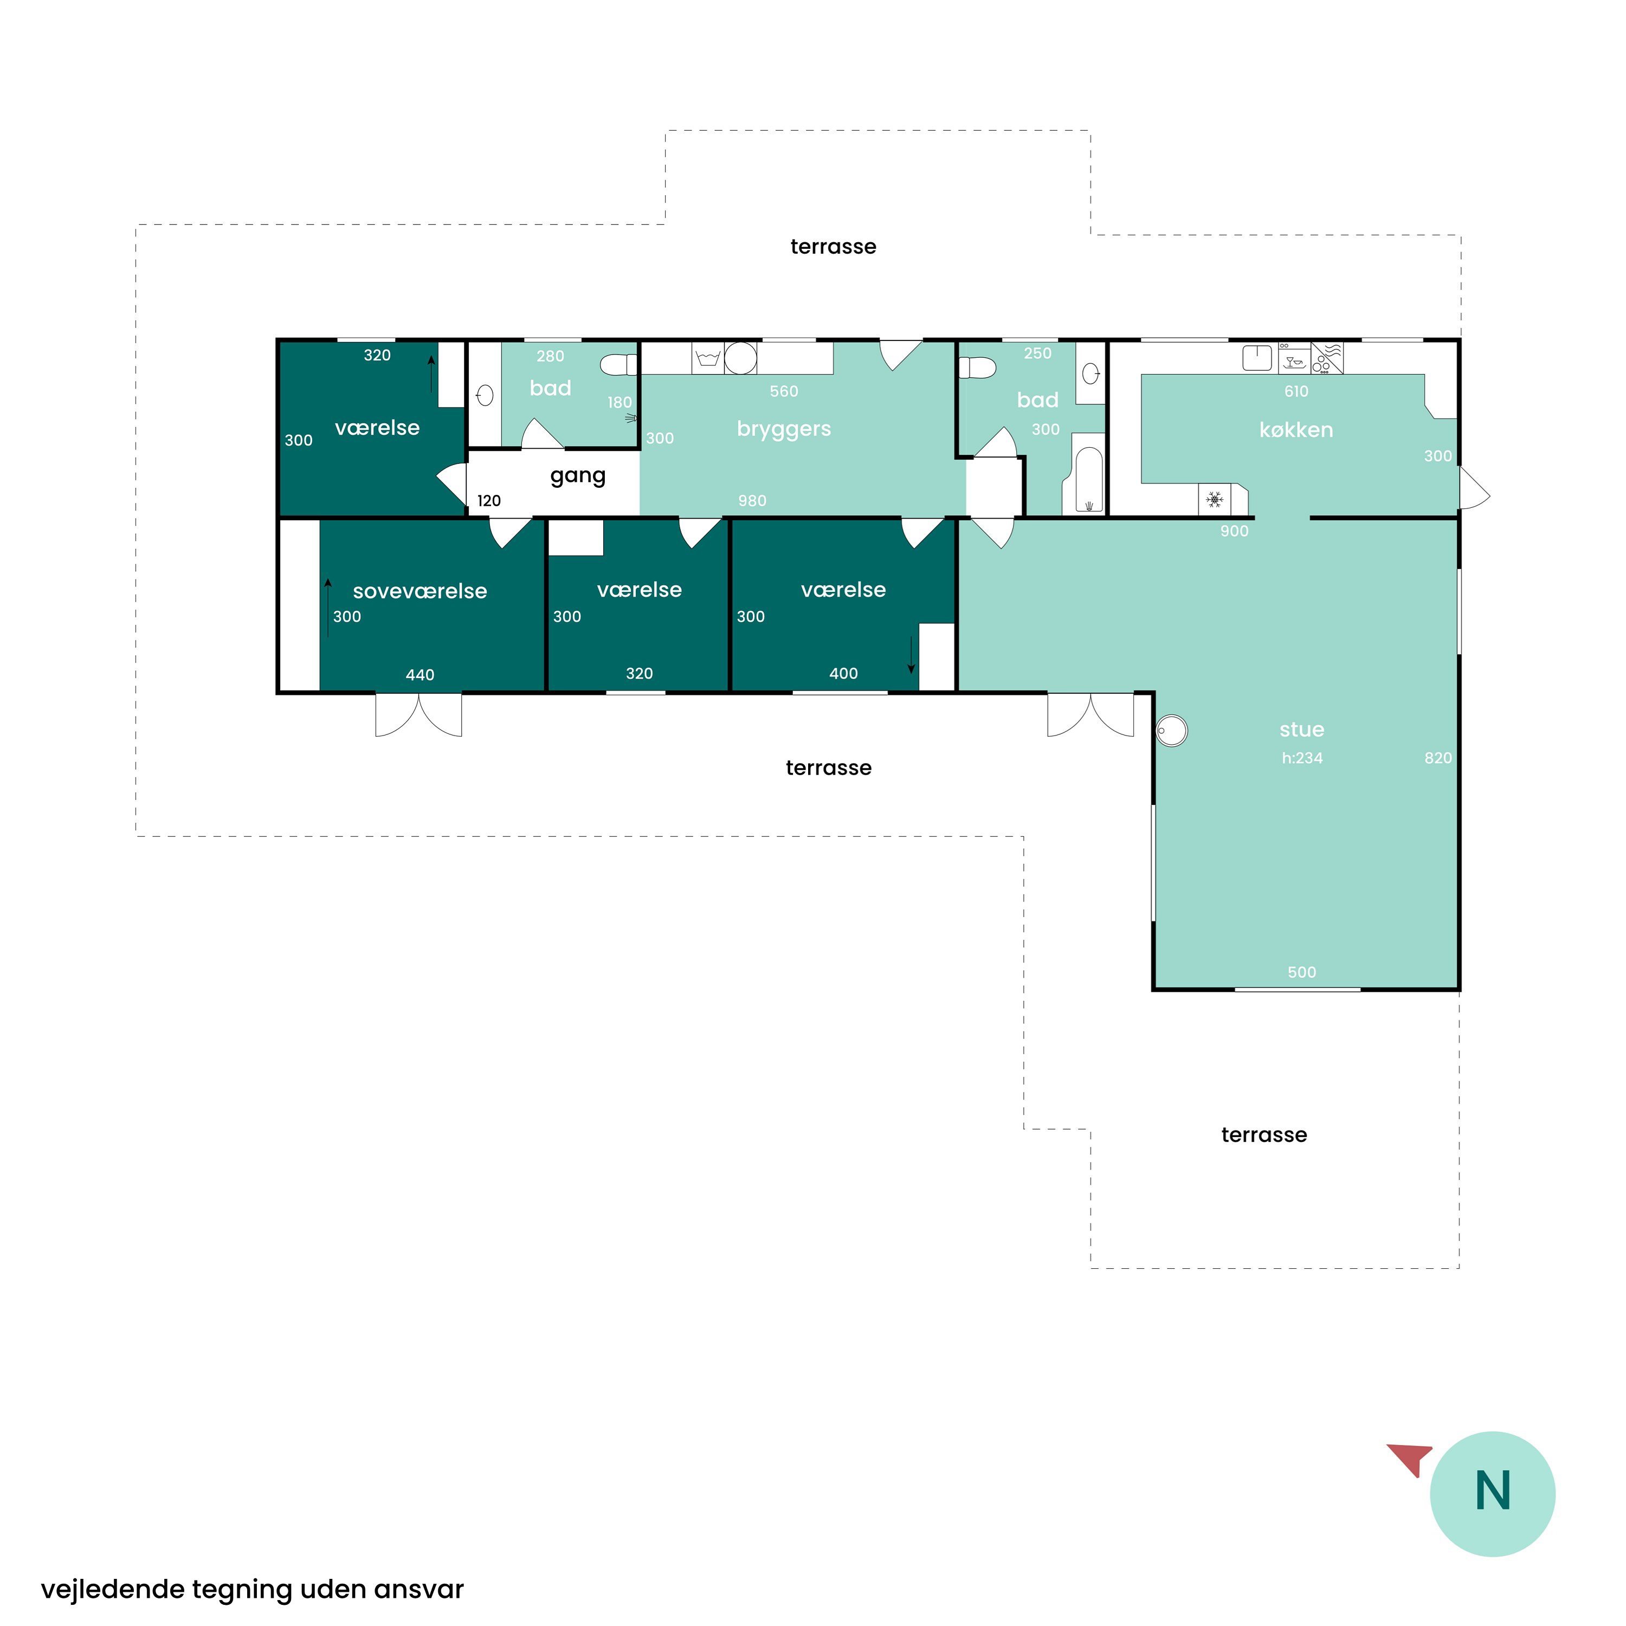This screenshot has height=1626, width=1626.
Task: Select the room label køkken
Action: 1296,430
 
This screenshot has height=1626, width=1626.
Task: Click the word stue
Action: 1301,730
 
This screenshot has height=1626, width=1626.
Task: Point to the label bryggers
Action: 784,429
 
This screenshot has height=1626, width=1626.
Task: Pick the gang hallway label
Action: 577,476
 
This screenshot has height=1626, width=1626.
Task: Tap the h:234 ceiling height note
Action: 1302,758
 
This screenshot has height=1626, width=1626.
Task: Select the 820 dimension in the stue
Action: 1438,758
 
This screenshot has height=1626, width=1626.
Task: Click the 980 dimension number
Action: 752,501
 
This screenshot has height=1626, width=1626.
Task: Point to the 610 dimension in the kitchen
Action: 1296,391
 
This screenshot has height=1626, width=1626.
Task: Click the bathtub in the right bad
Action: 1089,474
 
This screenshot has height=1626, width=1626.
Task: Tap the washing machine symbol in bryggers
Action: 708,358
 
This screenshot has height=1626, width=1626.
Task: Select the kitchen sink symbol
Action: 1257,358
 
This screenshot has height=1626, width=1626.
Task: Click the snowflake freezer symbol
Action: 1215,500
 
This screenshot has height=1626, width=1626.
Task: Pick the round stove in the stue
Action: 1171,731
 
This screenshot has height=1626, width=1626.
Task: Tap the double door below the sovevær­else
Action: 418,714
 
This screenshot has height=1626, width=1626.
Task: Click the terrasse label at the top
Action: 833,247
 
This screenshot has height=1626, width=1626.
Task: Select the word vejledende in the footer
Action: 113,1590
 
